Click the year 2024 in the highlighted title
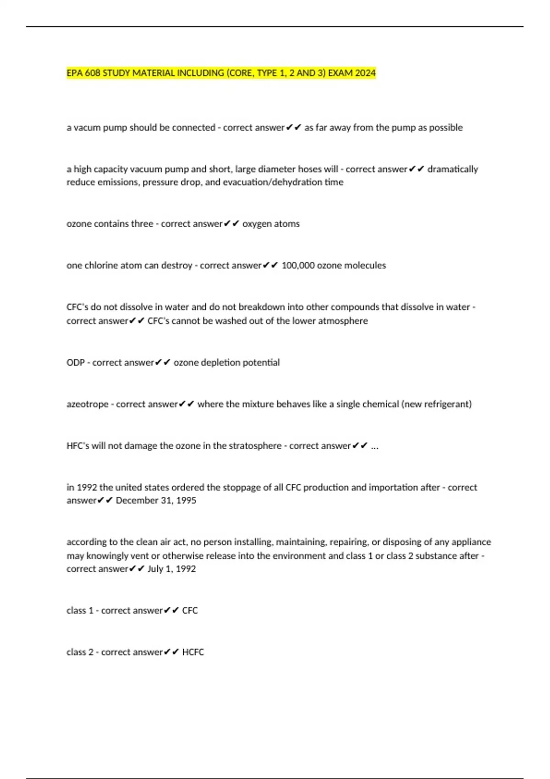tap(365, 73)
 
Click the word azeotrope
tap(88, 404)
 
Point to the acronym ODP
tap(76, 362)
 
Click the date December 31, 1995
tap(156, 500)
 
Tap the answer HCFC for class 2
tap(193, 652)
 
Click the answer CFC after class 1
tap(190, 610)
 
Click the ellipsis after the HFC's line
tap(374, 446)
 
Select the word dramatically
tap(452, 169)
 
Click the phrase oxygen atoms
tap(271, 224)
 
